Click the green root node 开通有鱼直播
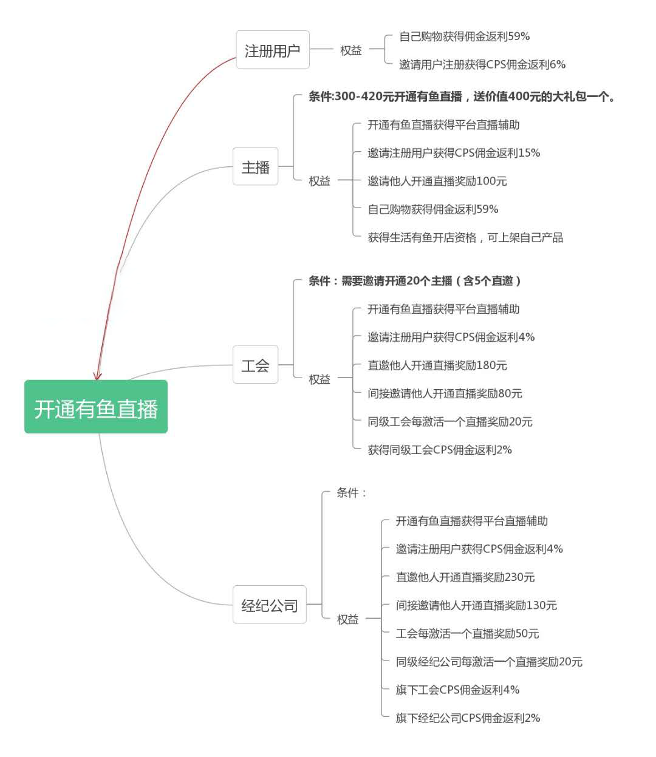96,407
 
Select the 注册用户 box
273,49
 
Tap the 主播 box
256,166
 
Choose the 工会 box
256,364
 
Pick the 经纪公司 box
269,604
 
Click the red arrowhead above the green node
97,376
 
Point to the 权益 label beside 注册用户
350,50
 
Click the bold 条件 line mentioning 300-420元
462,97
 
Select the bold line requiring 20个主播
414,281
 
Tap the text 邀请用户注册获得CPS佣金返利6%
482,64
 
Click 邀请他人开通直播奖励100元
437,181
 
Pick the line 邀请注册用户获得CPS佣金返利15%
454,153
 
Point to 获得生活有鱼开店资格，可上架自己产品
465,238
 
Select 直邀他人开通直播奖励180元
437,365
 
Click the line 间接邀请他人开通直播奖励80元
445,393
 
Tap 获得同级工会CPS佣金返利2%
440,450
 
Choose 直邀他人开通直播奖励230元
465,577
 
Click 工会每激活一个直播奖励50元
467,634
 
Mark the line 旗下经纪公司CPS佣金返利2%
468,718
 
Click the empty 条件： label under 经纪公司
352,492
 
